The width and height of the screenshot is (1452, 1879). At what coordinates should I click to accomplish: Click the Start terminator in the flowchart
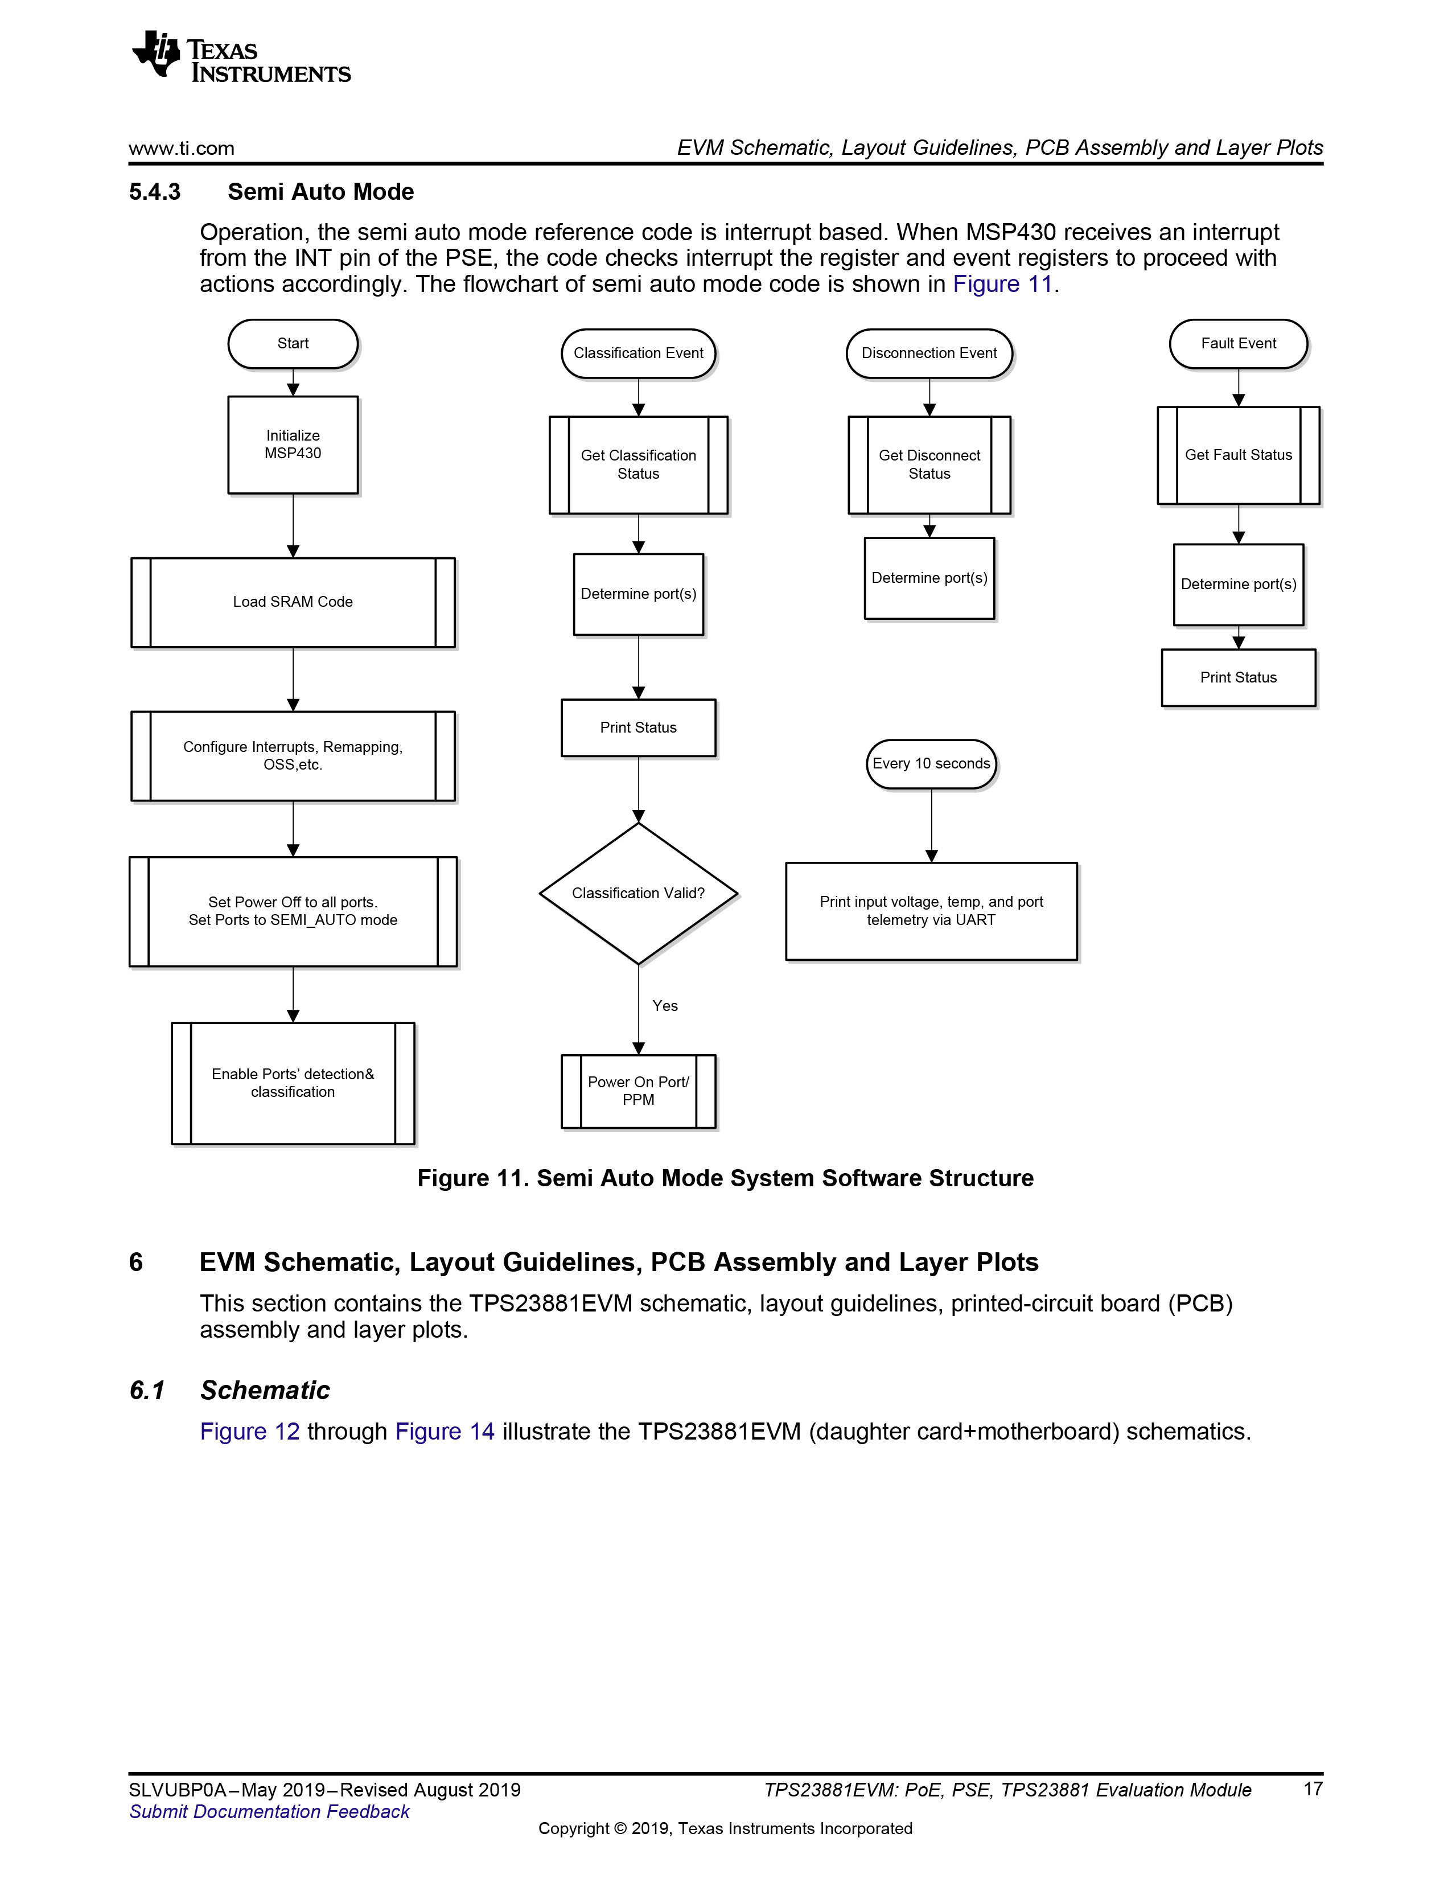click(x=293, y=344)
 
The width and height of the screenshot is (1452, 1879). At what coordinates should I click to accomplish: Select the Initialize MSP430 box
click(x=293, y=445)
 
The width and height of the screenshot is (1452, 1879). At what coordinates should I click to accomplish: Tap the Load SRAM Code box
click(x=293, y=602)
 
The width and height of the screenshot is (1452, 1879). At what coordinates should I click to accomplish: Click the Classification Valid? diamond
click(x=638, y=893)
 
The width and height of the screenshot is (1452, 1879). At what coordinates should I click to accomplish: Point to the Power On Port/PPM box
click(x=638, y=1091)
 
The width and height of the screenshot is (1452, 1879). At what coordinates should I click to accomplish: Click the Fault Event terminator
click(x=1238, y=344)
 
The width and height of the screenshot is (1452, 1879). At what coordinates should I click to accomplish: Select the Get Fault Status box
click(x=1238, y=455)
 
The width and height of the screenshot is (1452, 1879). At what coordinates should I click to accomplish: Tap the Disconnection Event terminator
click(x=929, y=353)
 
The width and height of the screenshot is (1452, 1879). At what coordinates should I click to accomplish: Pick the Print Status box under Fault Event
click(x=1238, y=678)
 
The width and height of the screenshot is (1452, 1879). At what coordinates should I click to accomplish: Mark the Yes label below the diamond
click(x=665, y=1006)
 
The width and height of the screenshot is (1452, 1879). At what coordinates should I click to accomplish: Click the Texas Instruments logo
click(x=241, y=57)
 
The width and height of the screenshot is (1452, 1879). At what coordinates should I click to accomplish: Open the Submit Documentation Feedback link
click(x=269, y=1811)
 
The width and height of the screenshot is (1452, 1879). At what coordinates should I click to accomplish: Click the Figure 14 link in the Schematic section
click(x=445, y=1431)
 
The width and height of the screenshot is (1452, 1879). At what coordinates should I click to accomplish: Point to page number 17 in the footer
click(x=1313, y=1788)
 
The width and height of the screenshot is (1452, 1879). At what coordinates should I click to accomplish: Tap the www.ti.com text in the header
click(x=182, y=148)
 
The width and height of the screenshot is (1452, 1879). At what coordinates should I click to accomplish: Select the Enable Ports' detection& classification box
click(x=293, y=1083)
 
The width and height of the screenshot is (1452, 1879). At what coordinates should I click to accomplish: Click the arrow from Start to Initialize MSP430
click(x=293, y=383)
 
